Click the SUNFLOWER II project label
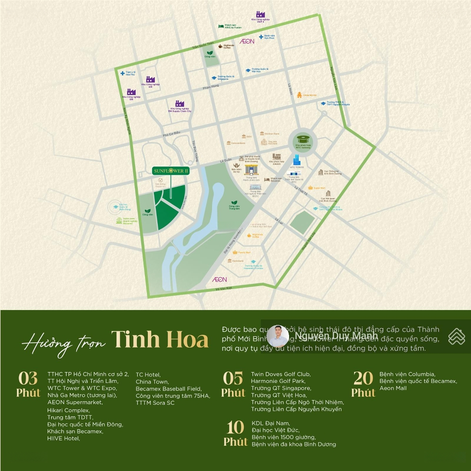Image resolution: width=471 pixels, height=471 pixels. click(x=171, y=171)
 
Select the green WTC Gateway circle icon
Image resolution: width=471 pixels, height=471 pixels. click(x=303, y=139)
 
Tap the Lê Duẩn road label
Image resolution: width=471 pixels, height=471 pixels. click(x=226, y=160)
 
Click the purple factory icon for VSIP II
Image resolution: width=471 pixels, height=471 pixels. click(x=260, y=14)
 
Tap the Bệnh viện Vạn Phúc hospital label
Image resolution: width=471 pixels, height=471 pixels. click(x=269, y=37)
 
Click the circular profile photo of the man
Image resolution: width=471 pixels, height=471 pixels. click(x=277, y=336)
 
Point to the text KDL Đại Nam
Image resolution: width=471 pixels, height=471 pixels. click(x=270, y=423)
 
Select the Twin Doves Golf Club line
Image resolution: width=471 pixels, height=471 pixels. click(x=280, y=374)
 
